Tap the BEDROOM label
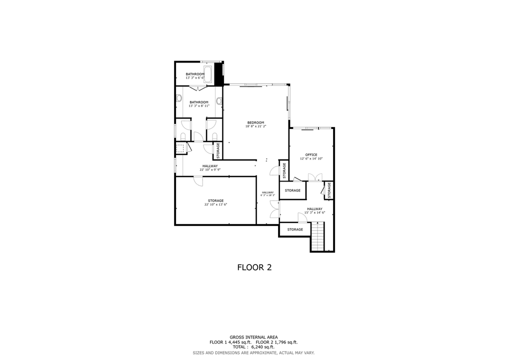[255, 122]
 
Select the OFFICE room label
[311, 154]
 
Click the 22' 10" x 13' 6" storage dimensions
[215, 204]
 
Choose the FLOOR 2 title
[254, 267]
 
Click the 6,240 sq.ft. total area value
[262, 346]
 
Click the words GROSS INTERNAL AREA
[253, 337]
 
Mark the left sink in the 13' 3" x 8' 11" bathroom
[178, 98]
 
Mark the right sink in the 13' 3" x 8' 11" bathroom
[219, 100]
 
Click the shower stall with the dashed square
[180, 148]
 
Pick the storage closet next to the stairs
[295, 229]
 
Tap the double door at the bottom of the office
[315, 176]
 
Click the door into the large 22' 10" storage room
[198, 181]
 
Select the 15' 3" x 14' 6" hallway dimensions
[314, 212]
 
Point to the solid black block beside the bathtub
[218, 73]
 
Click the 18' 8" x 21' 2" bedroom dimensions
[255, 126]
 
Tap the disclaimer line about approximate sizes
[253, 352]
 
